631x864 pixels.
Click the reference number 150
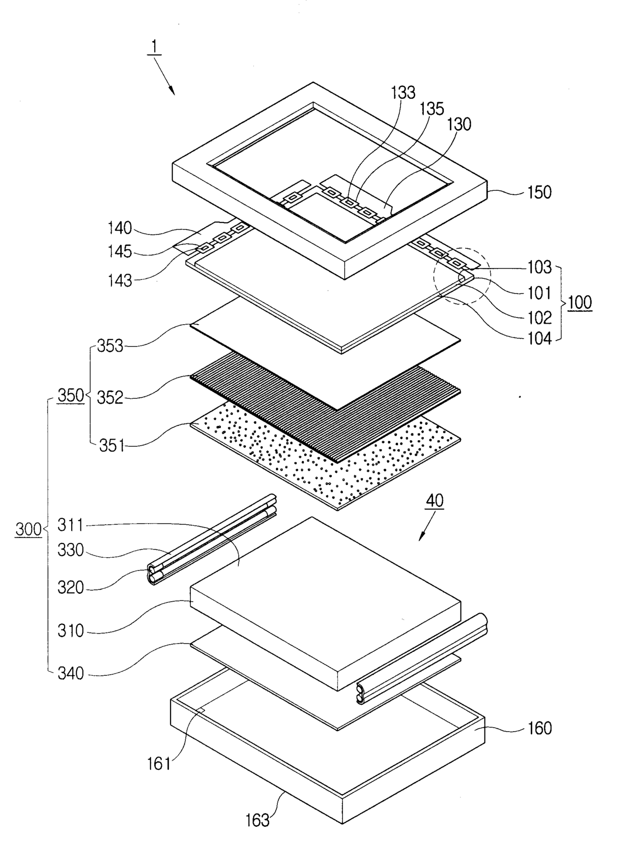pyautogui.click(x=539, y=192)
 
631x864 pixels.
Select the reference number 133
pyautogui.click(x=403, y=93)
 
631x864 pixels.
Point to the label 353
pyautogui.click(x=110, y=346)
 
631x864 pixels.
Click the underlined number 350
pyautogui.click(x=71, y=396)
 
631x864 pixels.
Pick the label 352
pyautogui.click(x=110, y=398)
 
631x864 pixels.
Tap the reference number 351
pyautogui.click(x=112, y=446)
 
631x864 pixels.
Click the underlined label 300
pyautogui.click(x=28, y=530)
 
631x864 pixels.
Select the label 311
pyautogui.click(x=70, y=525)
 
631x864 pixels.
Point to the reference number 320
pyautogui.click(x=71, y=587)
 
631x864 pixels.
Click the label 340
pyautogui.click(x=71, y=674)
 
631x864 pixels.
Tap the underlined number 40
pyautogui.click(x=435, y=501)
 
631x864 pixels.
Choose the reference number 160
pyautogui.click(x=539, y=728)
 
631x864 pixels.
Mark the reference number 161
pyautogui.click(x=159, y=763)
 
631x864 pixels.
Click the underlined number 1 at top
pyautogui.click(x=154, y=48)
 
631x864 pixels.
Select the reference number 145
pyautogui.click(x=120, y=252)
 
